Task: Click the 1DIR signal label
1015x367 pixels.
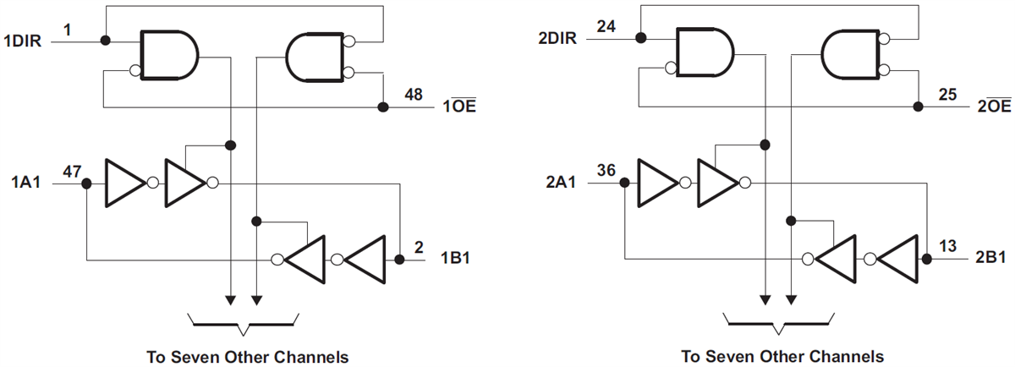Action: (x=25, y=41)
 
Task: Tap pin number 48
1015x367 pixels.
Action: (x=414, y=95)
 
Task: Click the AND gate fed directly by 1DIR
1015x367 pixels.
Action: (x=167, y=58)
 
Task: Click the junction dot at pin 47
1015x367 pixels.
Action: (x=87, y=182)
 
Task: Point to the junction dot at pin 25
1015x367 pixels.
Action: (x=919, y=107)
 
